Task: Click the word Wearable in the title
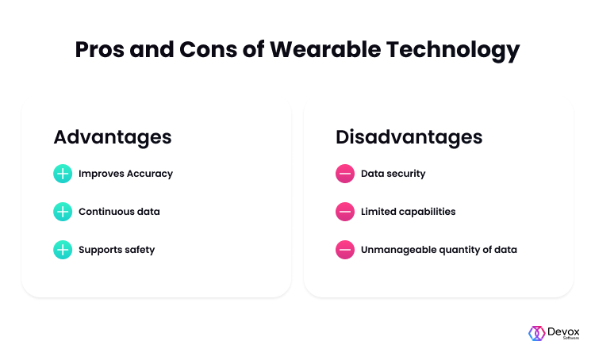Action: point(325,49)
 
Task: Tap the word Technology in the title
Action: point(453,51)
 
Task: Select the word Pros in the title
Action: point(100,49)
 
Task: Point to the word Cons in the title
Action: point(208,49)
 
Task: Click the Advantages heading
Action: point(113,137)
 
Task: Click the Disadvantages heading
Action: point(409,137)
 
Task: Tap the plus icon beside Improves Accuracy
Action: point(63,174)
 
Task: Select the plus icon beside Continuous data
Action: point(63,212)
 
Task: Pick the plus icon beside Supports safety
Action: point(63,250)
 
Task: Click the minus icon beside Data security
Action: point(345,174)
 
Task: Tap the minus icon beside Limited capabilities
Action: point(345,212)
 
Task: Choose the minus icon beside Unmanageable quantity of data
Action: point(345,250)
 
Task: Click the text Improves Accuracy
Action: point(125,174)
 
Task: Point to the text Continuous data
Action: point(119,211)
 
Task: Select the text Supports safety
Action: point(117,250)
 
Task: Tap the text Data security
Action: point(393,174)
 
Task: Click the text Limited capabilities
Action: point(409,212)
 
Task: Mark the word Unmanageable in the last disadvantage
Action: point(398,250)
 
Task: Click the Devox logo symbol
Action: point(537,333)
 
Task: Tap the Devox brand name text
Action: point(563,332)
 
